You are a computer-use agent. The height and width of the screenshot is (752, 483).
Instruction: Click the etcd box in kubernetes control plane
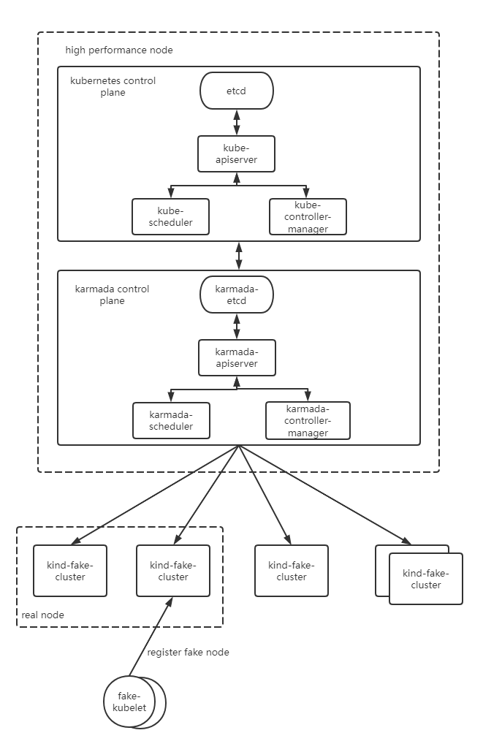[236, 91]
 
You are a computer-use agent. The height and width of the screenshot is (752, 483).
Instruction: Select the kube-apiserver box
[236, 153]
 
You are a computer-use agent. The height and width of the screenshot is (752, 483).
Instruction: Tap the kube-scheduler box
[170, 217]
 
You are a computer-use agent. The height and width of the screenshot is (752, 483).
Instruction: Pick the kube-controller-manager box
[308, 217]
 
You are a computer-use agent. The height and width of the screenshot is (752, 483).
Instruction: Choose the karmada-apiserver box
[236, 357]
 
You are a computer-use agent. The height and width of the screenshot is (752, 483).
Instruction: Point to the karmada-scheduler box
[171, 421]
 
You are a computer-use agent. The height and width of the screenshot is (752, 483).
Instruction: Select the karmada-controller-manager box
[308, 421]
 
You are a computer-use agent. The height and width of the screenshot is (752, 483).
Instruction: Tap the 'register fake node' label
[188, 652]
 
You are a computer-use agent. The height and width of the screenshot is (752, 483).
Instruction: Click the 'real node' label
[42, 615]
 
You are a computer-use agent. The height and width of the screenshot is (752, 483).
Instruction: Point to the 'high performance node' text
[118, 50]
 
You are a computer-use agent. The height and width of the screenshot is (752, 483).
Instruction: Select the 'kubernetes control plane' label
[113, 86]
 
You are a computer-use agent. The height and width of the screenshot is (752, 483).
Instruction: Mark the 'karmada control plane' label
[112, 295]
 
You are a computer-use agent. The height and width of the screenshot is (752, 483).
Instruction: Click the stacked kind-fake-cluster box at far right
[425, 579]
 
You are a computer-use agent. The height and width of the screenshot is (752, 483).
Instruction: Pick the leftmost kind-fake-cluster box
[70, 571]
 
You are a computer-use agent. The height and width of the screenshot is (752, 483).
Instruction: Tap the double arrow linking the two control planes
[239, 256]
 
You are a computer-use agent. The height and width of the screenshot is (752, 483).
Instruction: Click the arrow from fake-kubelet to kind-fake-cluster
[151, 636]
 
